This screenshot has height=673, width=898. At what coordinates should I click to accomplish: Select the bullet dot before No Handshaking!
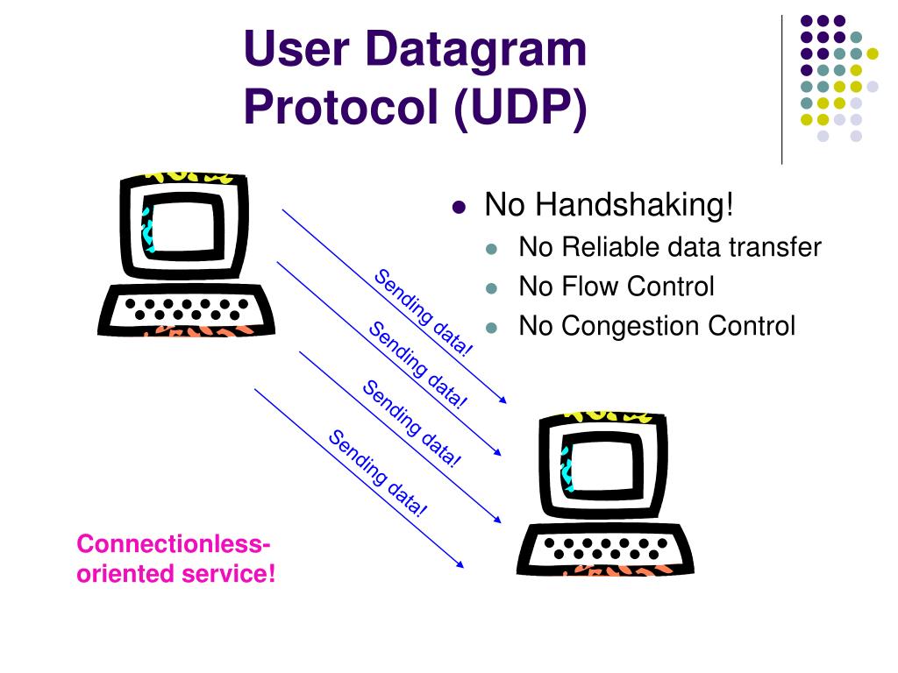tap(458, 209)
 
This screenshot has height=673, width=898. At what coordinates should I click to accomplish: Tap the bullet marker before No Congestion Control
tap(492, 328)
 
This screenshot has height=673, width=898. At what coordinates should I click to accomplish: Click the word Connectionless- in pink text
tap(173, 544)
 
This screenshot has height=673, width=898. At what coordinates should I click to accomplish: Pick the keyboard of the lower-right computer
tap(605, 549)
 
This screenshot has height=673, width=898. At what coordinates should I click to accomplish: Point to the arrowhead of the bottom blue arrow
tap(460, 563)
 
